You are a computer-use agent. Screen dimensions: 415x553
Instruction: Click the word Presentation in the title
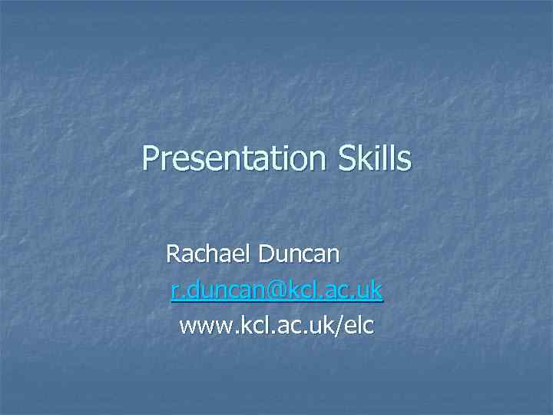point(234,158)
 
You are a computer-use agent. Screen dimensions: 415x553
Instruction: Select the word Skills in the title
point(374,158)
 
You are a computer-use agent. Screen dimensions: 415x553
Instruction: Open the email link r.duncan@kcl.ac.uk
point(276,290)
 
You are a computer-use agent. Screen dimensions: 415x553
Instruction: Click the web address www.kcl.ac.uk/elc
point(276,326)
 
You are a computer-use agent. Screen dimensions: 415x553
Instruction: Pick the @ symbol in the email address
point(276,290)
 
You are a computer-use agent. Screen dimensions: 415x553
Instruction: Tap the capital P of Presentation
point(151,158)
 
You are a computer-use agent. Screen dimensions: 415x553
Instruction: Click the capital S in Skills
point(345,158)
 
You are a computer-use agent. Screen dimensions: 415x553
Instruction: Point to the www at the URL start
point(200,327)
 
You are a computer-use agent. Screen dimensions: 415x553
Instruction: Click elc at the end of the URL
point(359,326)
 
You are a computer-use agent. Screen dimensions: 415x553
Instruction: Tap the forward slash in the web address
point(341,326)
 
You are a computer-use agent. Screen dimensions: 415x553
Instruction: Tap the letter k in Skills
point(366,158)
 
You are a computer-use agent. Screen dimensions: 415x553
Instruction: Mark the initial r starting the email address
point(175,291)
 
